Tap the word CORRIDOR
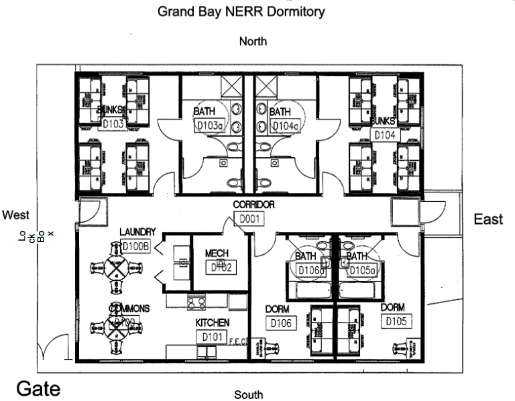tap(253, 205)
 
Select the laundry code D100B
tap(137, 246)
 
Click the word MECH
tap(217, 253)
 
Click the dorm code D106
tap(280, 323)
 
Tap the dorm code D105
tap(397, 321)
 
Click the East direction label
tap(488, 219)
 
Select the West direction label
tap(15, 215)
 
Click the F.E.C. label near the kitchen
tap(239, 342)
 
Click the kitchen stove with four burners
tap(196, 303)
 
